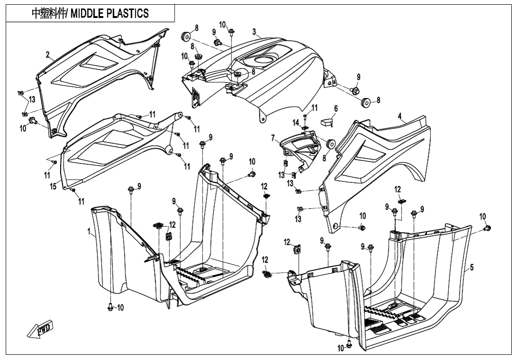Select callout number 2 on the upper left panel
(47, 55)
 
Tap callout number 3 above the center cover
(254, 32)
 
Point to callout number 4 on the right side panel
(400, 116)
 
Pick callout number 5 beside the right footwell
(472, 268)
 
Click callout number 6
(336, 108)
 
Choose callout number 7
(273, 138)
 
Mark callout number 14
(296, 123)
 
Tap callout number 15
(53, 187)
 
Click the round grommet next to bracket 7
(331, 143)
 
